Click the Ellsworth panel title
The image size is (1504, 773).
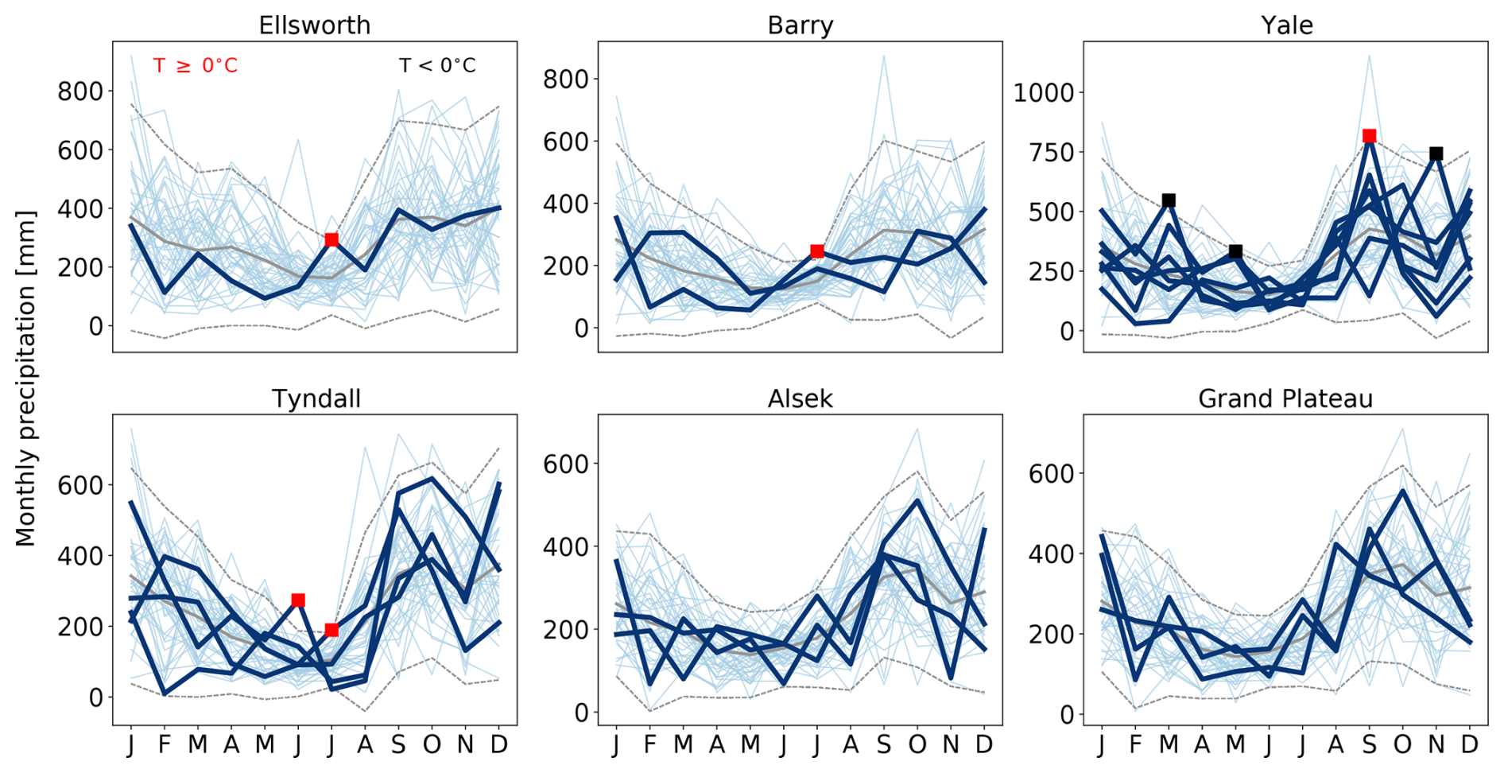(x=315, y=25)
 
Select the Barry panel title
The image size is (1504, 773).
(x=800, y=25)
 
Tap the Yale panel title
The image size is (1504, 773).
(x=1286, y=25)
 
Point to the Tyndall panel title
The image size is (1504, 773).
(x=316, y=398)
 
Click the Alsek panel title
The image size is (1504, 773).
(x=800, y=398)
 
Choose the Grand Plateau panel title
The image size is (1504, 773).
(x=1285, y=398)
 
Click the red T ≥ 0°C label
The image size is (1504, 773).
(x=196, y=65)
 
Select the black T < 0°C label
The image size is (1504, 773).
(x=437, y=65)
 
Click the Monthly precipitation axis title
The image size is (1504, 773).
(x=25, y=378)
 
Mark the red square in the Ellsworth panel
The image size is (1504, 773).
(x=331, y=239)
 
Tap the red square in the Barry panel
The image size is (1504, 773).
(x=817, y=251)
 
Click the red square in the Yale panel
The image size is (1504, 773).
(x=1369, y=136)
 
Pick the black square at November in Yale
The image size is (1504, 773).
(x=1436, y=153)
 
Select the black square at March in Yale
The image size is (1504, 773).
(x=1169, y=200)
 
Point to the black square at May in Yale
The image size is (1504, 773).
(x=1235, y=251)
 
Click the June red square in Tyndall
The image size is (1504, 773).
(x=298, y=600)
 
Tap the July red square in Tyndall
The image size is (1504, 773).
(x=331, y=630)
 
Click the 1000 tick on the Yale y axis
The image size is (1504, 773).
(x=1044, y=93)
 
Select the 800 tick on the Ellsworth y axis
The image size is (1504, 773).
(x=80, y=91)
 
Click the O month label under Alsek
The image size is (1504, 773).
(x=917, y=744)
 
